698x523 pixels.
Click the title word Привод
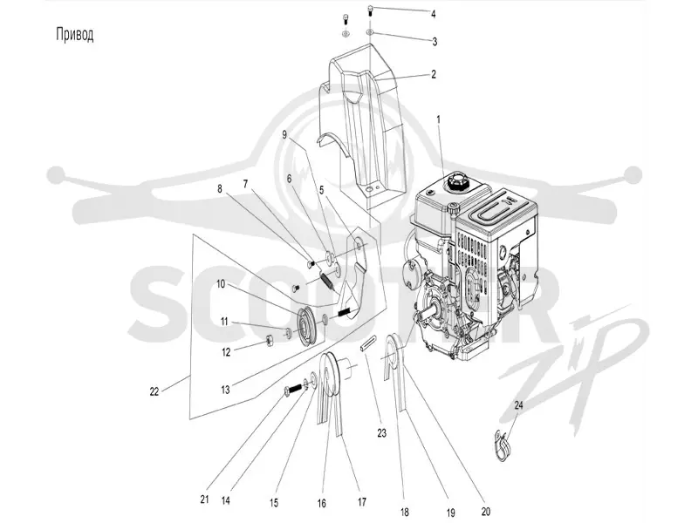pyautogui.click(x=75, y=35)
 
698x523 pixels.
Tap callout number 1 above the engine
pyautogui.click(x=439, y=119)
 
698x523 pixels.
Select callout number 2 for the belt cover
pyautogui.click(x=434, y=74)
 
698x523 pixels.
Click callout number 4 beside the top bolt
pyautogui.click(x=433, y=14)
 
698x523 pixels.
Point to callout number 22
pyautogui.click(x=154, y=392)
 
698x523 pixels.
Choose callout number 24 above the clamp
pyautogui.click(x=519, y=405)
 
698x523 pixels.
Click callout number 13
pyautogui.click(x=225, y=390)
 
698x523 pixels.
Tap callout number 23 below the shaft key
pyautogui.click(x=382, y=432)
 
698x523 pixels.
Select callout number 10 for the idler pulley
pyautogui.click(x=221, y=284)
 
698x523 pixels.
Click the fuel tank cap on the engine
pyautogui.click(x=457, y=181)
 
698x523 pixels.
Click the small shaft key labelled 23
pyautogui.click(x=366, y=345)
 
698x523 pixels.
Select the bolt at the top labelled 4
pyautogui.click(x=370, y=10)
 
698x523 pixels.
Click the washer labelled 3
pyautogui.click(x=370, y=32)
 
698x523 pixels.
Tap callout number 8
pyautogui.click(x=220, y=188)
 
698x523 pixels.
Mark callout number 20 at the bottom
pyautogui.click(x=485, y=512)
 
